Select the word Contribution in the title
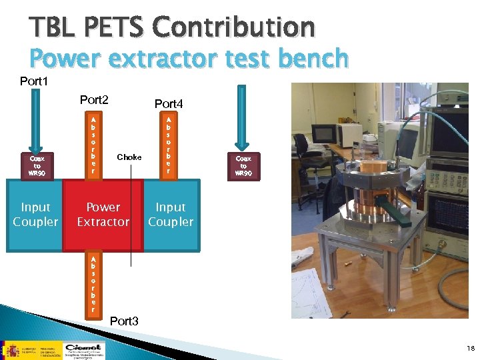coord(233,27)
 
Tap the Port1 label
coord(34,81)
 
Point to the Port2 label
coord(94,100)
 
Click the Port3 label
coord(124,321)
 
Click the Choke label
coord(129,157)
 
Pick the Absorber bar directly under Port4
coord(169,144)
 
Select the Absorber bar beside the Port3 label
coord(93,284)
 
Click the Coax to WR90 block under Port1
coord(37,165)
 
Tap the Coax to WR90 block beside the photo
coord(243,165)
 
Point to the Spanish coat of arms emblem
coord(11,349)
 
